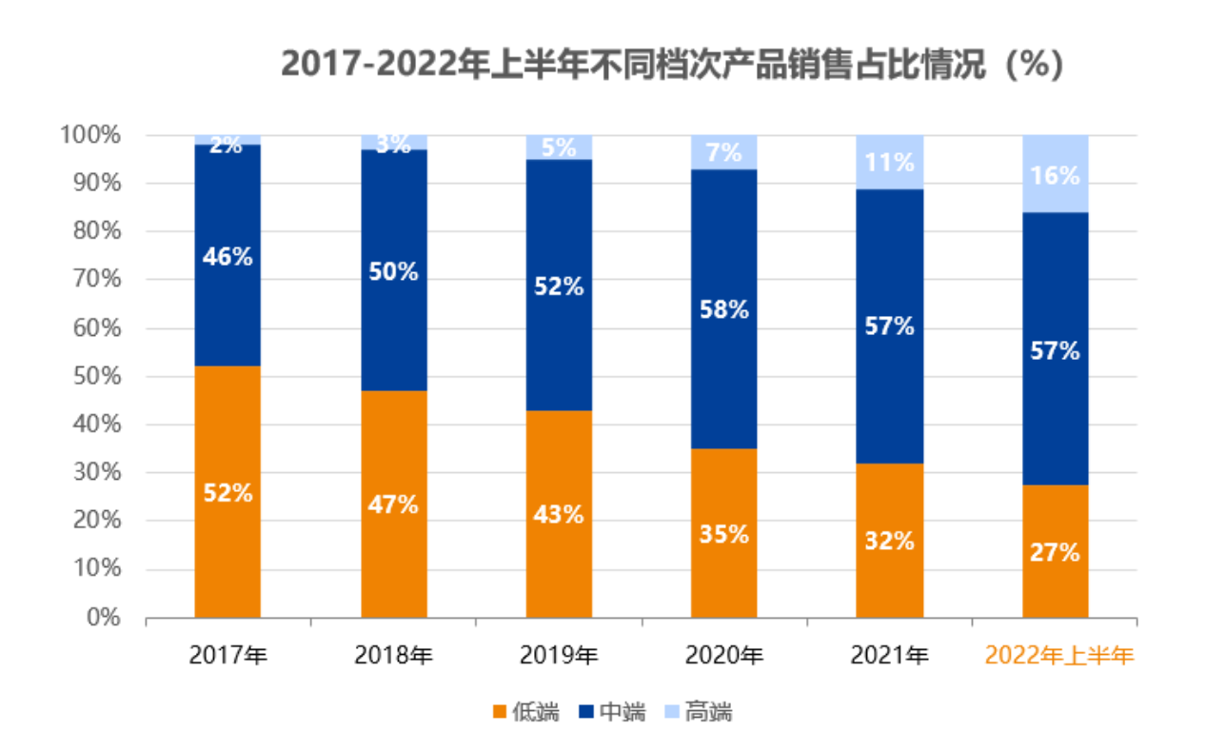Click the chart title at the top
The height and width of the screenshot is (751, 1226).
[x=672, y=65]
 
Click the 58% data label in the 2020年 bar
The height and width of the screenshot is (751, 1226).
[x=724, y=309]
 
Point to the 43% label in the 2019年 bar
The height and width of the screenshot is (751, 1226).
[x=559, y=515]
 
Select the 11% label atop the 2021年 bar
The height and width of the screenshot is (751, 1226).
[x=890, y=162]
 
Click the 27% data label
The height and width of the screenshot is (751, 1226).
[x=1055, y=552]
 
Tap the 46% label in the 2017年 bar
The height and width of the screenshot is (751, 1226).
[x=227, y=256]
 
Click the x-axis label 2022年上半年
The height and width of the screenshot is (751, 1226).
[x=1059, y=655]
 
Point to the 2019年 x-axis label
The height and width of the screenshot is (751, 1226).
[x=559, y=655]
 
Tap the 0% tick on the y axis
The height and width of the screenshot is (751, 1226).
[x=103, y=618]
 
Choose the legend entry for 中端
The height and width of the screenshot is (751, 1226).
[x=612, y=711]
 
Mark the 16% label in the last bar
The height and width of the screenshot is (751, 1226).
[x=1055, y=176]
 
